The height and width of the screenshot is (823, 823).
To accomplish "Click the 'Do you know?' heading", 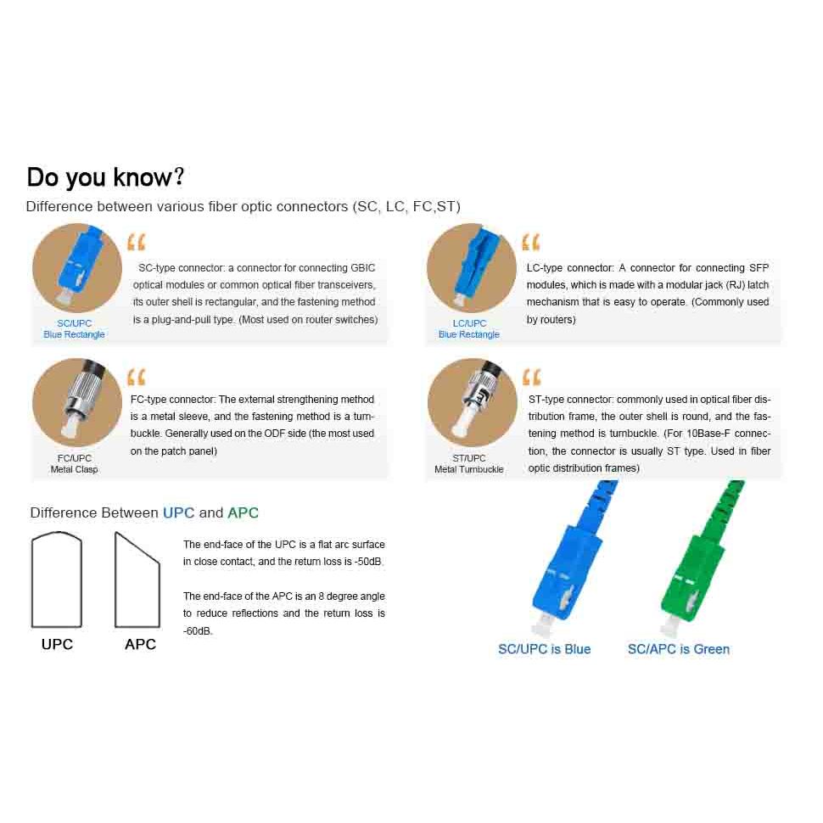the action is [105, 176].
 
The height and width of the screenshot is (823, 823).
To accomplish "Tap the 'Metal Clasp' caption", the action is [74, 469].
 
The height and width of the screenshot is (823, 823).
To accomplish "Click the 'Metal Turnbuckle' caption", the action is [468, 469].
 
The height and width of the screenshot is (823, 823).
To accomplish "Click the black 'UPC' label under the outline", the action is [57, 644].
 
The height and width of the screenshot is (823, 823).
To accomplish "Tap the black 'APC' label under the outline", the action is [141, 644].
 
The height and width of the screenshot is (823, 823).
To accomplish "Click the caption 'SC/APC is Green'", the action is [679, 649].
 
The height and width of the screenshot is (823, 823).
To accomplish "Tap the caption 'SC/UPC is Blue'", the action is [545, 649].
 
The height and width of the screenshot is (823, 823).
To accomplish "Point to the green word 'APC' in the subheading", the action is [243, 512].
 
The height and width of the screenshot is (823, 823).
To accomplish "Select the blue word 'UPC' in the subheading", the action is [178, 512].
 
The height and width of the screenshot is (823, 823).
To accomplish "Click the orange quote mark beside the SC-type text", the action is [137, 242].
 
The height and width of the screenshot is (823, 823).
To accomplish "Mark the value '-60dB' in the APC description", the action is [198, 631].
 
